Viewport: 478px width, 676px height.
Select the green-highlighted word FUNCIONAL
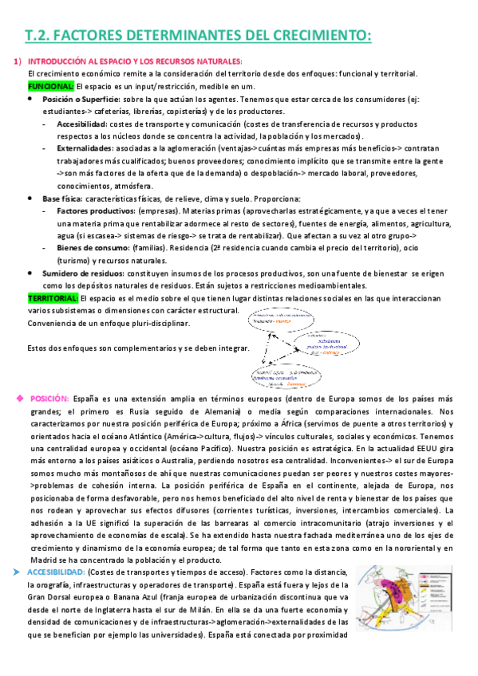click(x=51, y=85)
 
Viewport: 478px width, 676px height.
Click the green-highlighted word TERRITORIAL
click(x=53, y=297)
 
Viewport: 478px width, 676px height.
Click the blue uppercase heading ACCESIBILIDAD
click(x=56, y=572)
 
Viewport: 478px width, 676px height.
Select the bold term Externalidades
click(x=84, y=148)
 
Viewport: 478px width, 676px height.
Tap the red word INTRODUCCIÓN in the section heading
click(x=61, y=61)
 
